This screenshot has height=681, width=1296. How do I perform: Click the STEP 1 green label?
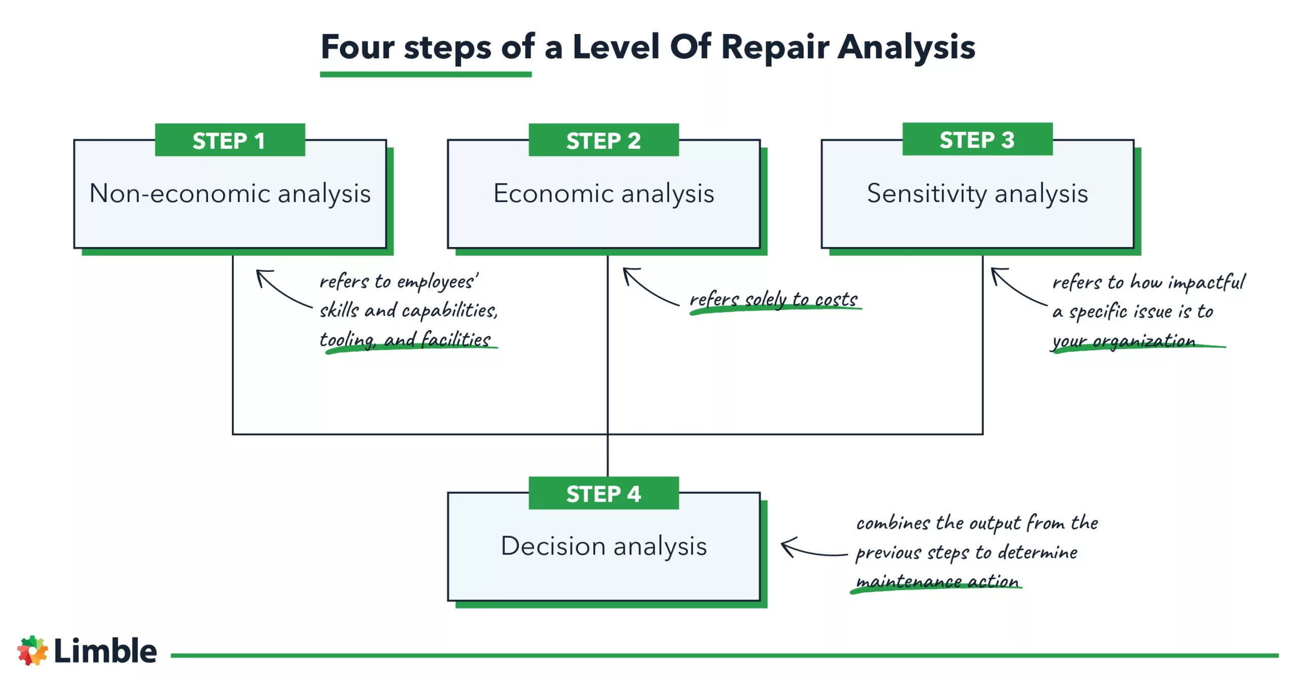click(x=229, y=140)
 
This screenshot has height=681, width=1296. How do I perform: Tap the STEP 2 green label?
click(x=603, y=140)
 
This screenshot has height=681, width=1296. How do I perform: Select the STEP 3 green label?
click(x=977, y=139)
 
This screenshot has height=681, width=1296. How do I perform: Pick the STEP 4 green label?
click(x=603, y=493)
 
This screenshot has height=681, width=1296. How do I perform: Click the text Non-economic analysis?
click(x=230, y=193)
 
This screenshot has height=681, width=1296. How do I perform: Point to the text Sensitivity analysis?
click(x=977, y=193)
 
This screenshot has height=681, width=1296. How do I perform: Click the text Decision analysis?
click(x=603, y=546)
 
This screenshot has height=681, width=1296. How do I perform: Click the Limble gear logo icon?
click(x=32, y=650)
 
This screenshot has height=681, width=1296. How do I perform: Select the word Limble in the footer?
click(x=105, y=650)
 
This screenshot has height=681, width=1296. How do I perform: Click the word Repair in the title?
click(x=775, y=47)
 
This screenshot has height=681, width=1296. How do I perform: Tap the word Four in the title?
click(x=357, y=47)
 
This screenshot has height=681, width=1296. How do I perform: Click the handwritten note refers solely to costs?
click(x=774, y=299)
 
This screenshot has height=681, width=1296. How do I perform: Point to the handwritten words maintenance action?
click(x=937, y=581)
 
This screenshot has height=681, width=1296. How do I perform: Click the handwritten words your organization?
click(x=1124, y=341)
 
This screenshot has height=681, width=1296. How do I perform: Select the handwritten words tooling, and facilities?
click(x=405, y=339)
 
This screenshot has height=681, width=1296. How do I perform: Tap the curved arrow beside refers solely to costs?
click(x=648, y=288)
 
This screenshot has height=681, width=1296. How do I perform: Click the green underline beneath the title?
click(x=425, y=74)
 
